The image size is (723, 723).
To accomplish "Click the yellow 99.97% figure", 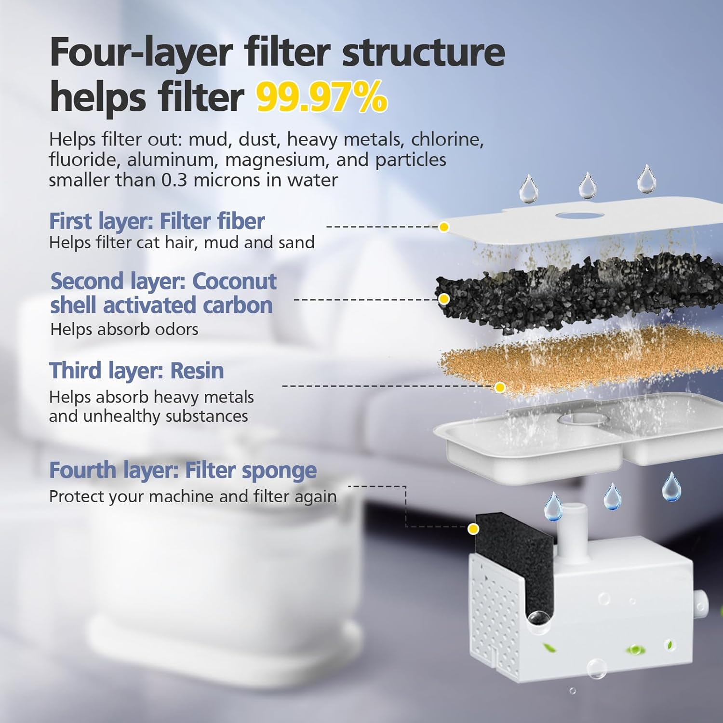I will [x=321, y=97].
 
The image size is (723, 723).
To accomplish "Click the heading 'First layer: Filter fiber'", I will [x=157, y=221].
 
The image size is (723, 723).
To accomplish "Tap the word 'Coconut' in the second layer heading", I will [x=234, y=281].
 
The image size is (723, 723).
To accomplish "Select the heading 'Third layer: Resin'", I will [x=136, y=371].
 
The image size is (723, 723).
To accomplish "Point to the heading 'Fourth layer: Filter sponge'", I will [x=183, y=470].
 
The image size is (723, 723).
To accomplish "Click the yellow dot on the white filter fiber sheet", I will [x=444, y=227].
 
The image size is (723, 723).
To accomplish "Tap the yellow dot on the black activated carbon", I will [x=444, y=299].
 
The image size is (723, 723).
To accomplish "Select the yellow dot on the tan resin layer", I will [x=500, y=387].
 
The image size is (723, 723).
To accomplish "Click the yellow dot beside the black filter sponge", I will [x=473, y=529].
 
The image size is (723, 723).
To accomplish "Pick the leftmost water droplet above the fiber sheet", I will [x=528, y=190].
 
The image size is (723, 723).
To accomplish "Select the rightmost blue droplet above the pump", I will [x=671, y=488].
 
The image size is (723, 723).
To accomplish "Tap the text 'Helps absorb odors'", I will [x=124, y=329].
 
